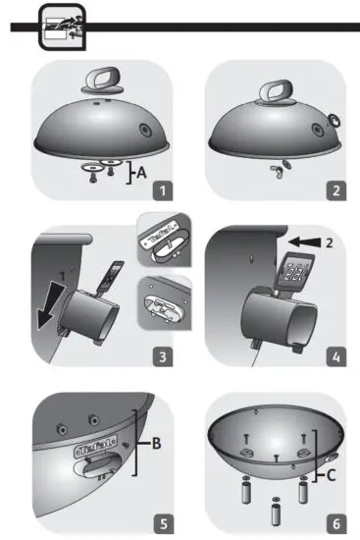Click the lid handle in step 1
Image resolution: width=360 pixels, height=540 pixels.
(99, 81)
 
